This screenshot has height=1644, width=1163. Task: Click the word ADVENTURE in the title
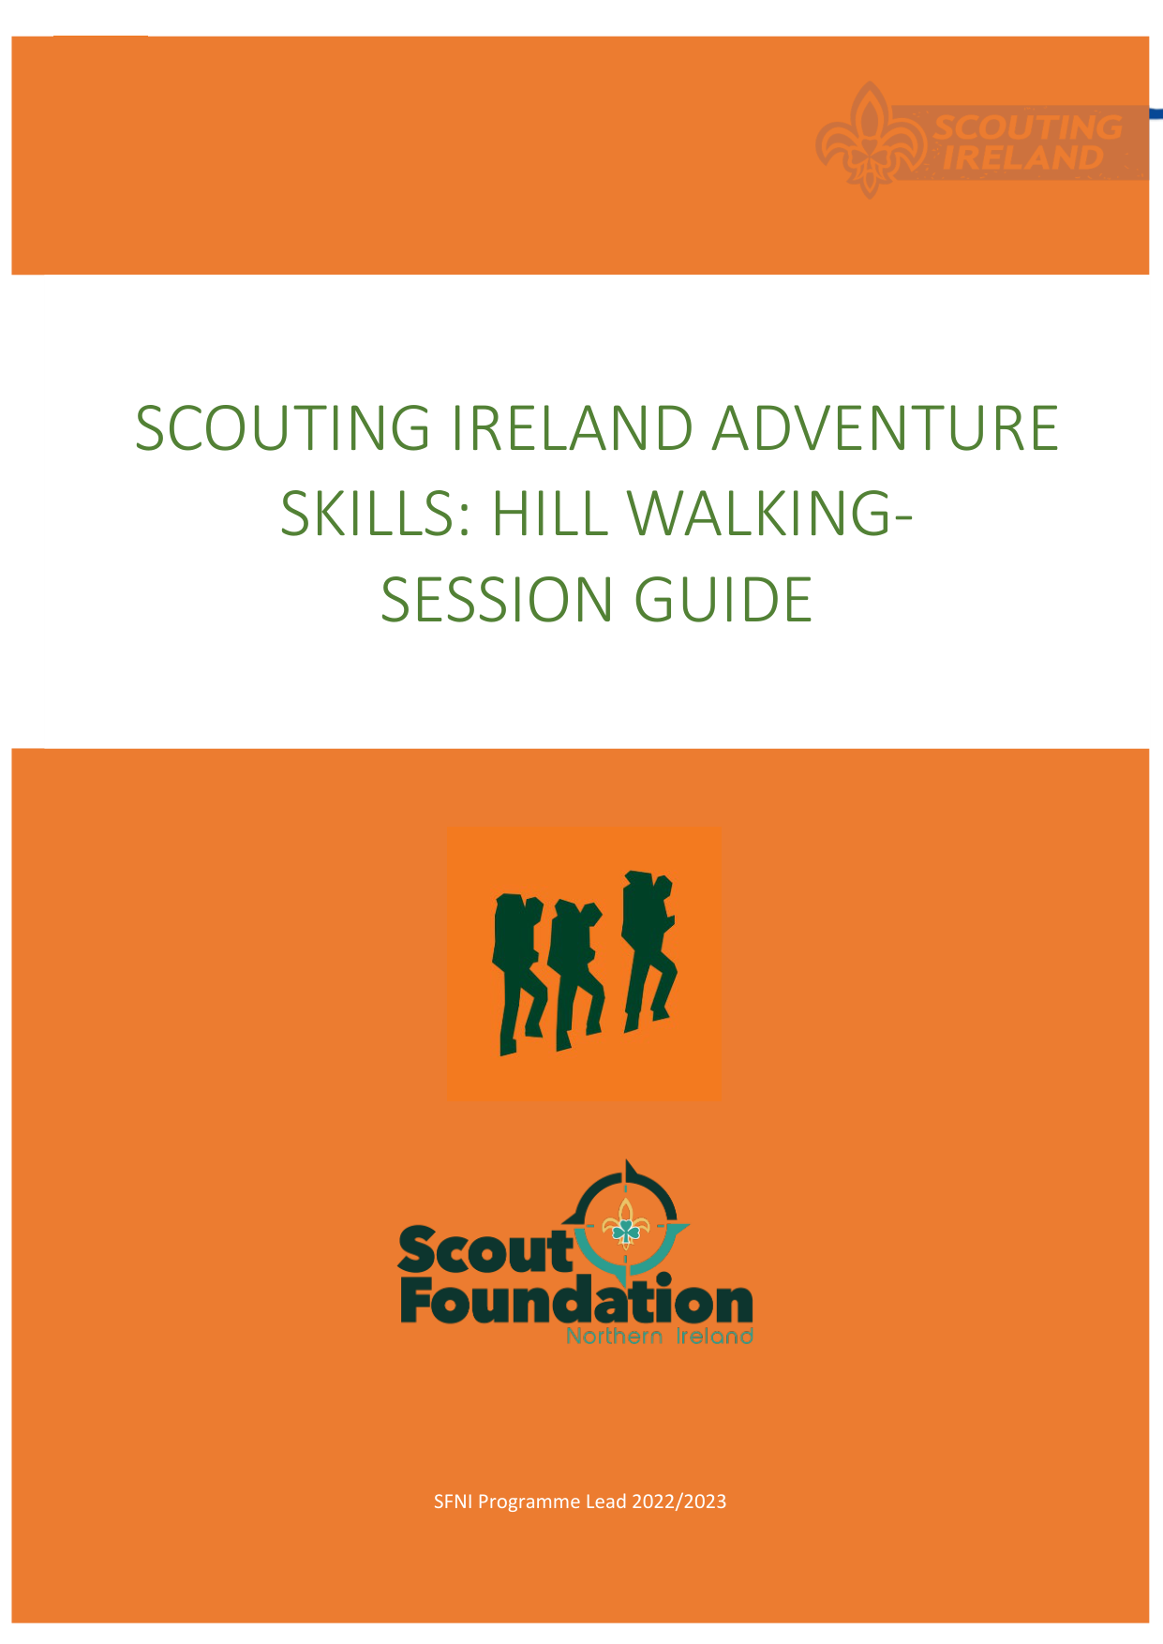click(x=886, y=428)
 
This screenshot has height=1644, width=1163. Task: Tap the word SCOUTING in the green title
click(x=283, y=428)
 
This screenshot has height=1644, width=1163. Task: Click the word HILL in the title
click(x=547, y=514)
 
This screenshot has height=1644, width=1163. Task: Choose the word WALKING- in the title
click(x=768, y=514)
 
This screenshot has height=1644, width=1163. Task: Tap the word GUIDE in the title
click(x=723, y=600)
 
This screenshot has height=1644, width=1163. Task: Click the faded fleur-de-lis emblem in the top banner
click(x=869, y=140)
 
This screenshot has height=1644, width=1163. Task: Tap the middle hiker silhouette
click(x=575, y=976)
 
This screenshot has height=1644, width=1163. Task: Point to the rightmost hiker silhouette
click(x=649, y=951)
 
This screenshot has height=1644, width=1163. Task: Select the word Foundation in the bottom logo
click(x=577, y=1301)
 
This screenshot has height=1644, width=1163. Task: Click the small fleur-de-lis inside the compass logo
click(x=625, y=1224)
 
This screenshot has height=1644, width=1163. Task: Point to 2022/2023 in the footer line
click(x=679, y=1502)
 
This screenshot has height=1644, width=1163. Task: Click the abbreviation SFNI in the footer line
click(x=454, y=1502)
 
